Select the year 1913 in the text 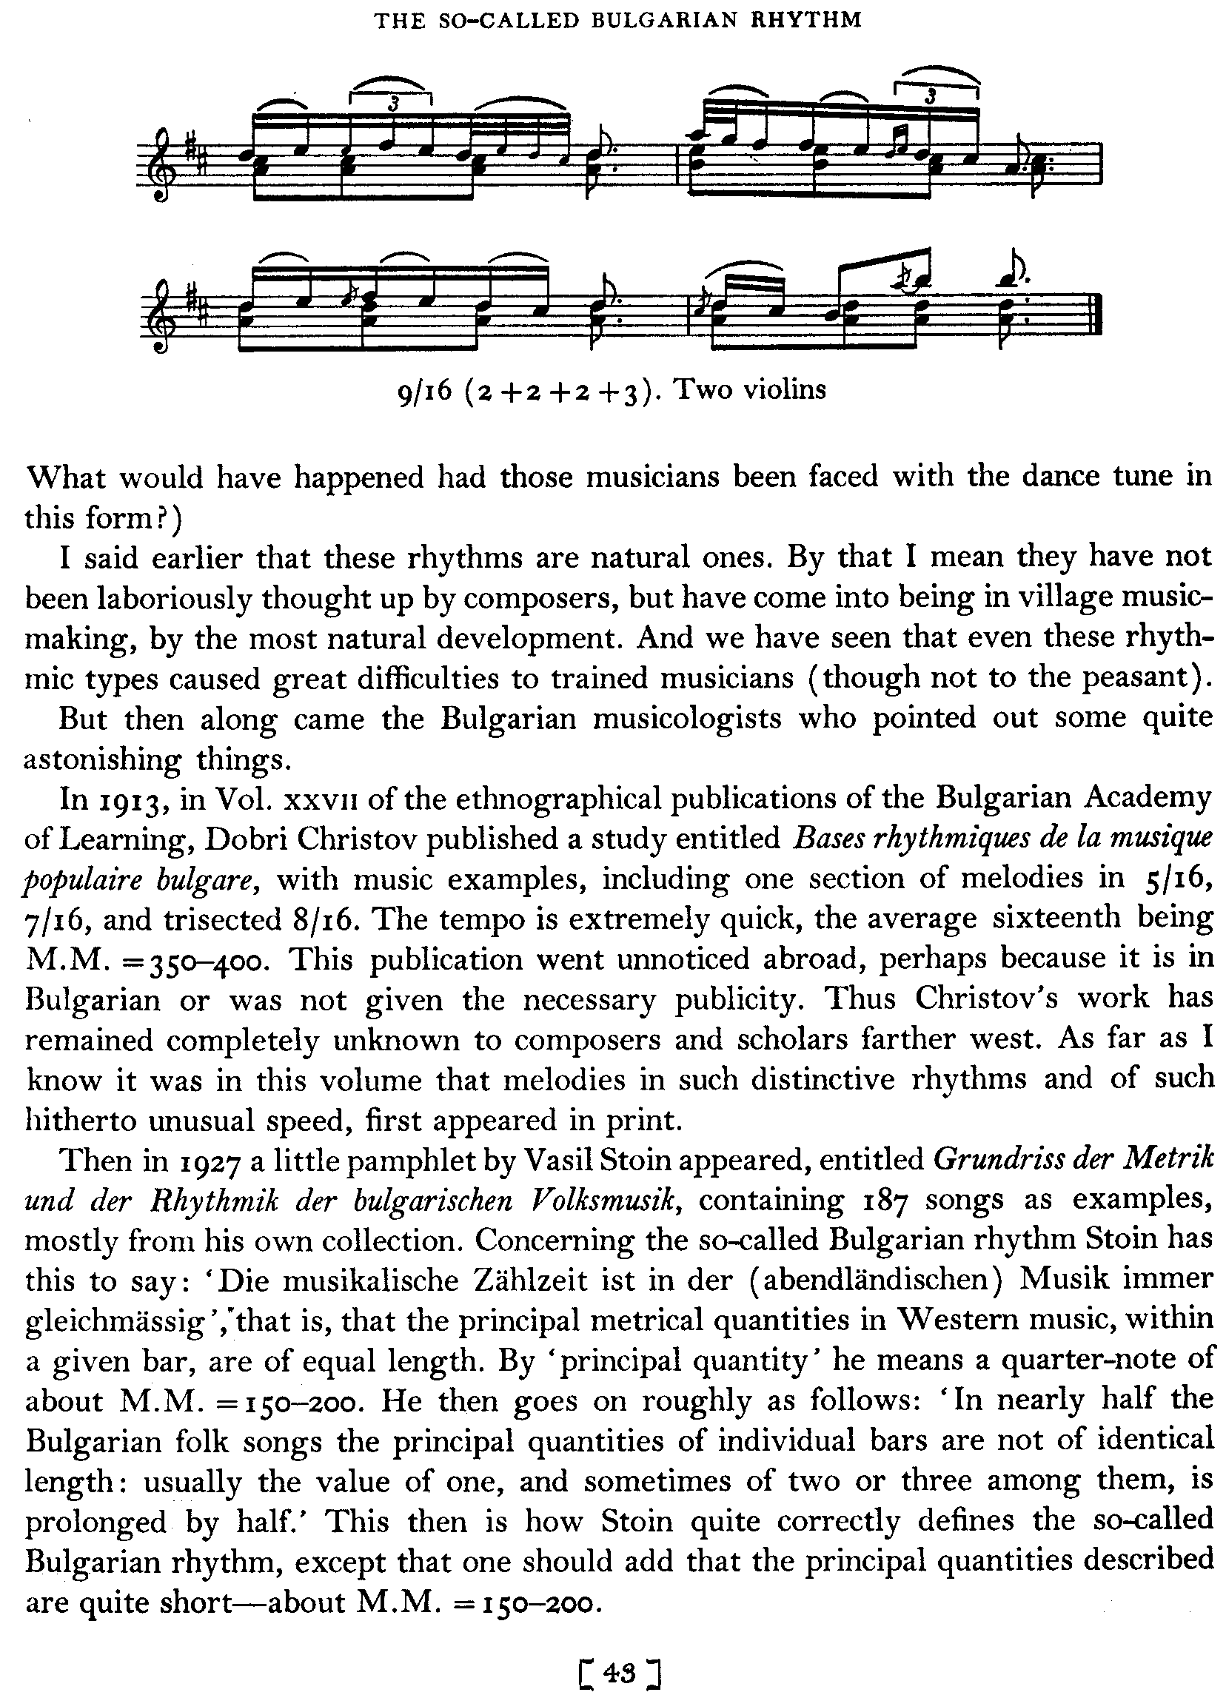130,800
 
